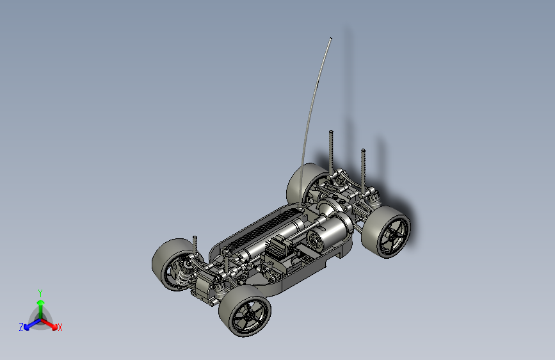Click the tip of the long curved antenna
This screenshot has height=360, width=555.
tap(331, 38)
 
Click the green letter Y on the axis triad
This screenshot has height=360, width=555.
tap(40, 293)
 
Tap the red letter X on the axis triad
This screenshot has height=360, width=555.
tap(60, 327)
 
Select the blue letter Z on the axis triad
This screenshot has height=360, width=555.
tap(21, 327)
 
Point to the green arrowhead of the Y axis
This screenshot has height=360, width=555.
tap(41, 303)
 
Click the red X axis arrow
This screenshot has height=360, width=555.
tap(49, 324)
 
